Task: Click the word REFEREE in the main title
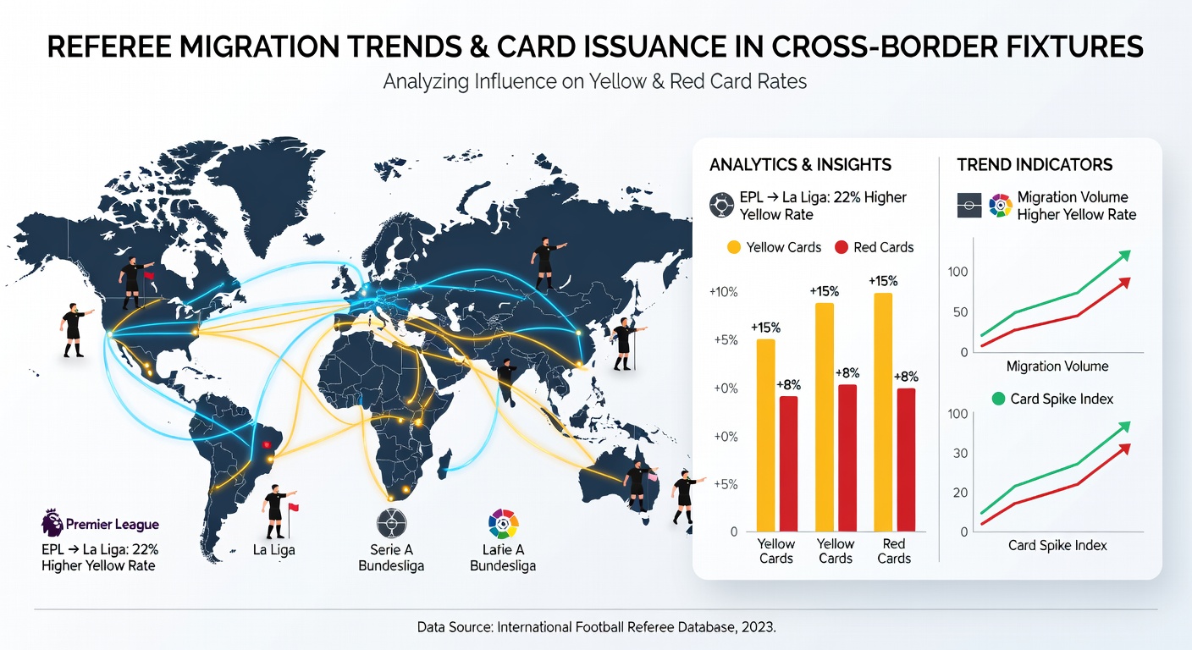tap(109, 47)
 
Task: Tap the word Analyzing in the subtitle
tap(426, 82)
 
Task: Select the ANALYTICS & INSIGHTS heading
tap(800, 165)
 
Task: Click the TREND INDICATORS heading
tap(1035, 165)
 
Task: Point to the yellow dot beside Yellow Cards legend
tap(734, 247)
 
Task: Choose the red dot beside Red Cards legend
tap(842, 247)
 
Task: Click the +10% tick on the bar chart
tap(724, 292)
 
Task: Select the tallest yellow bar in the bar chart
tap(883, 411)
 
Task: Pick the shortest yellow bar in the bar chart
tap(766, 435)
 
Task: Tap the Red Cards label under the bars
tap(894, 551)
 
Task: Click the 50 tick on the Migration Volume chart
tap(961, 312)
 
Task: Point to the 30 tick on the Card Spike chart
tap(961, 453)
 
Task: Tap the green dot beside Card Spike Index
tap(999, 399)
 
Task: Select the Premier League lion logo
tap(52, 522)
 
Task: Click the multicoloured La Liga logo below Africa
tap(503, 524)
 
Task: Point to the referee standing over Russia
tap(547, 263)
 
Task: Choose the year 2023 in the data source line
tap(758, 627)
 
